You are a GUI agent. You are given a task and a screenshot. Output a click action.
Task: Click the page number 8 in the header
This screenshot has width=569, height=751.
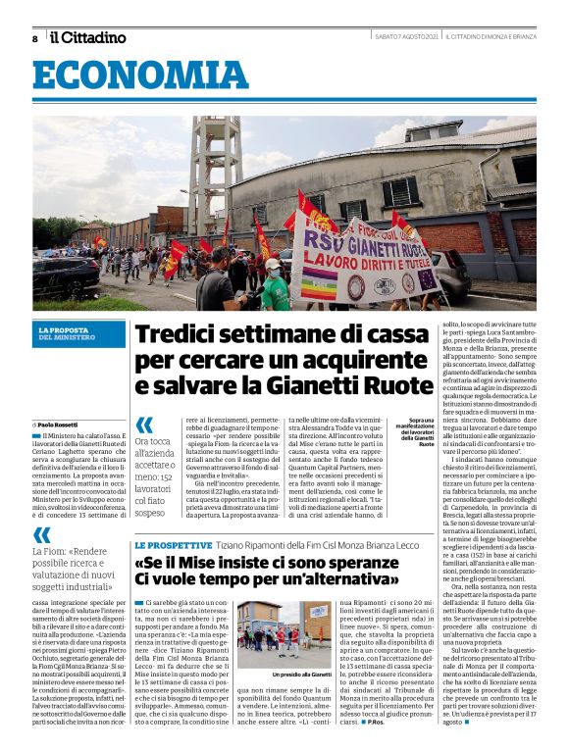(35, 39)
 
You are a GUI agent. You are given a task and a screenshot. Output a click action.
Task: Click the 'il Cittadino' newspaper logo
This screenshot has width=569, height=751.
(88, 38)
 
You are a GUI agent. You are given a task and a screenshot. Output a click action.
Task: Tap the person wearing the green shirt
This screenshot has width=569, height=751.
(276, 285)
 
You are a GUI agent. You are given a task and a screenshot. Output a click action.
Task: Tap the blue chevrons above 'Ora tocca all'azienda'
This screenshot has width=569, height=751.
(145, 425)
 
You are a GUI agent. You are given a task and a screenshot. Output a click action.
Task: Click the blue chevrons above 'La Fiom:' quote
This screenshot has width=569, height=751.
(42, 535)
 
